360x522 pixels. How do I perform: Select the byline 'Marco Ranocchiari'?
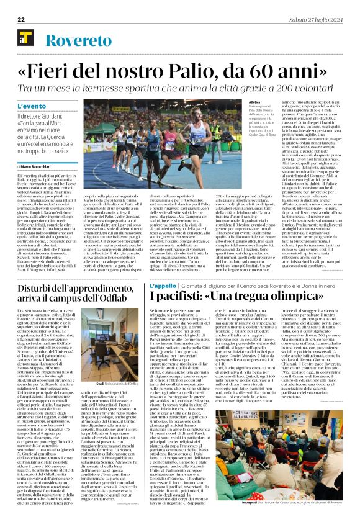tap(41, 166)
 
